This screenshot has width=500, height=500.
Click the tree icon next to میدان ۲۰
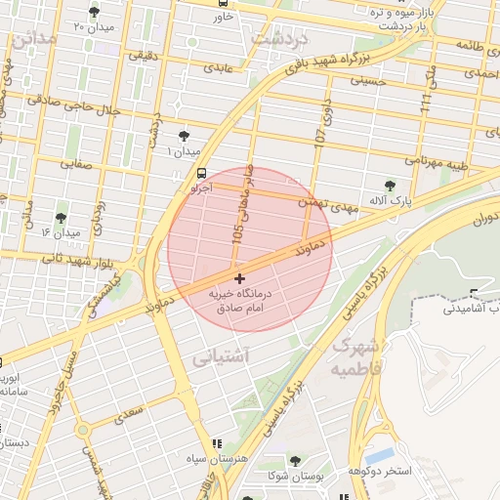click(x=94, y=12)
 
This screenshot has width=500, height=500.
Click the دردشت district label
click(x=279, y=40)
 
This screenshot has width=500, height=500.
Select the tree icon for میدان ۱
click(x=185, y=137)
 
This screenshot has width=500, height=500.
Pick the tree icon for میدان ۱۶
click(x=62, y=219)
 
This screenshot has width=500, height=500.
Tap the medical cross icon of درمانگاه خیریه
click(x=240, y=279)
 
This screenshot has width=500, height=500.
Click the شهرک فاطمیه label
click(x=354, y=357)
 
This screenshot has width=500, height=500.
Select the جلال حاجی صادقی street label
click(x=88, y=104)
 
